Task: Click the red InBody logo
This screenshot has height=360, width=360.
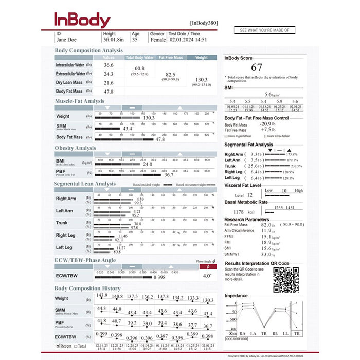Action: (82, 20)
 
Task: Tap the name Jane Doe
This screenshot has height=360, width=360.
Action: (67, 39)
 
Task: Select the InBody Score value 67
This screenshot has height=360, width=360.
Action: (257, 67)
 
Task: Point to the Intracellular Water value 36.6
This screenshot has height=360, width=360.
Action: (109, 65)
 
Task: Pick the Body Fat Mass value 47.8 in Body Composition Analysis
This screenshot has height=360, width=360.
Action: (109, 92)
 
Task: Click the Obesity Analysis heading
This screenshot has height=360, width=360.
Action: (75, 148)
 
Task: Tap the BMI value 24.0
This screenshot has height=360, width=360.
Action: (148, 164)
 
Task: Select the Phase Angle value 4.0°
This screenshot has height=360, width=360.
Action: (207, 275)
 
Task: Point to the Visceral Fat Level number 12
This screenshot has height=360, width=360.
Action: (249, 195)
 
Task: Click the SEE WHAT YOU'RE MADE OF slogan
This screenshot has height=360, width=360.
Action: (264, 30)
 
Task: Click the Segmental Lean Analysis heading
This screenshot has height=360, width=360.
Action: (85, 184)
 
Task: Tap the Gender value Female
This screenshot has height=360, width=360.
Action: (157, 39)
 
